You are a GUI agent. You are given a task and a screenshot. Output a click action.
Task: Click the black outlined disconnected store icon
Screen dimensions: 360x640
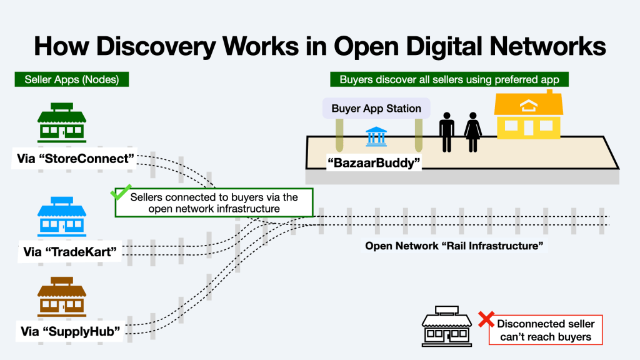tap(446, 326)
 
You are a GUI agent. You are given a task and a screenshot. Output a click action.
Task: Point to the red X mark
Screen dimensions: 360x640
tap(486, 319)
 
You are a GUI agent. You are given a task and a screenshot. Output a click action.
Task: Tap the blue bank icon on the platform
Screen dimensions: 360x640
tap(375, 136)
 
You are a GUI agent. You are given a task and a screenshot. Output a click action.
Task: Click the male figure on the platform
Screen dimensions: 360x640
tap(446, 132)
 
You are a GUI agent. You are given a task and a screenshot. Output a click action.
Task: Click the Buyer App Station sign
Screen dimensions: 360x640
tap(376, 108)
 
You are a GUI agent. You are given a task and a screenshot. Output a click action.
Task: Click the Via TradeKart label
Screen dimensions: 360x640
tap(71, 252)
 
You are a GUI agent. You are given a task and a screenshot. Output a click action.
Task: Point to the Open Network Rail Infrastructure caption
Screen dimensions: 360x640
tap(456, 246)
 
